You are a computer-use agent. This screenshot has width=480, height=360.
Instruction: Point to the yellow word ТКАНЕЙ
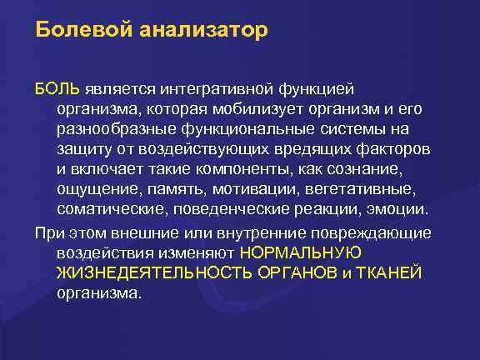click(392, 272)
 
